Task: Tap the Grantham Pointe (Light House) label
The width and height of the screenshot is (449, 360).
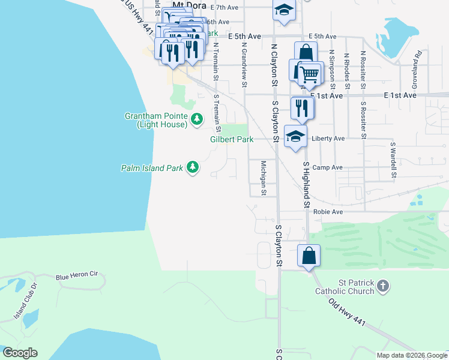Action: click(156, 120)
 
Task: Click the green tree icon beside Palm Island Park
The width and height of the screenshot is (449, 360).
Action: click(192, 167)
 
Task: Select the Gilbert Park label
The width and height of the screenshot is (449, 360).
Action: click(232, 139)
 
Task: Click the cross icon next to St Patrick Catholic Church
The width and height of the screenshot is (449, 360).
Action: click(384, 287)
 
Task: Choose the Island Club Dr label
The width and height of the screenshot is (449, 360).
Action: click(25, 300)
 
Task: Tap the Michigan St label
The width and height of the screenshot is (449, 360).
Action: click(264, 178)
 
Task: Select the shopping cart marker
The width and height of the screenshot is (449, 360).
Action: click(310, 73)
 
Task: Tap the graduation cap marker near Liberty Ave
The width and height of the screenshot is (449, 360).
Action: click(295, 136)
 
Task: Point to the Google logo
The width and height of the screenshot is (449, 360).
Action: click(20, 353)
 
